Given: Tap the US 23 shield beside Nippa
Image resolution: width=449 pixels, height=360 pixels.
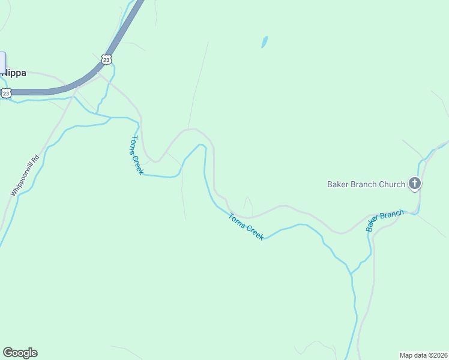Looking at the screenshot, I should pos(6,93).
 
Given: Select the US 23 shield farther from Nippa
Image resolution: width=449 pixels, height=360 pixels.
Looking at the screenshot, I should pos(106,59).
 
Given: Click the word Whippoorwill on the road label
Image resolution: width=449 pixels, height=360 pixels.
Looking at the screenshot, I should pos(22,179).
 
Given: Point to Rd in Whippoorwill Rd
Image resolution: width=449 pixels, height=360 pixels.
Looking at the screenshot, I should pos(35,159).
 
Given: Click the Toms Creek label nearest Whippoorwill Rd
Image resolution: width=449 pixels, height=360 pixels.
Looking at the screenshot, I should pos(137,155).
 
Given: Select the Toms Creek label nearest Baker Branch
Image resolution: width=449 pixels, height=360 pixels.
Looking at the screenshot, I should pos(246,227).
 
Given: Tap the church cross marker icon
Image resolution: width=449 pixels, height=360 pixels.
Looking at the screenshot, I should pos(414,184).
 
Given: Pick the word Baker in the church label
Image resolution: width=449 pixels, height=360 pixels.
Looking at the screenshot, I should pos(338,184).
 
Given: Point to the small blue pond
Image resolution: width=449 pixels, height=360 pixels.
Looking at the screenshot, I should pos(264,42).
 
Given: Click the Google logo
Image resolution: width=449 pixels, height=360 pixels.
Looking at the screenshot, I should pos(20,353).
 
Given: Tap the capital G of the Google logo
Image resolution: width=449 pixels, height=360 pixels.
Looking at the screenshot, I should pos(7,353).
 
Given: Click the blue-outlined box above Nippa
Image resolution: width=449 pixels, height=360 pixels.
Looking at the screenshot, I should pos(2,62).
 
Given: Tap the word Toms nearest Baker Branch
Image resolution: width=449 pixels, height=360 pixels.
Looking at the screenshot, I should pos(236,220).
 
